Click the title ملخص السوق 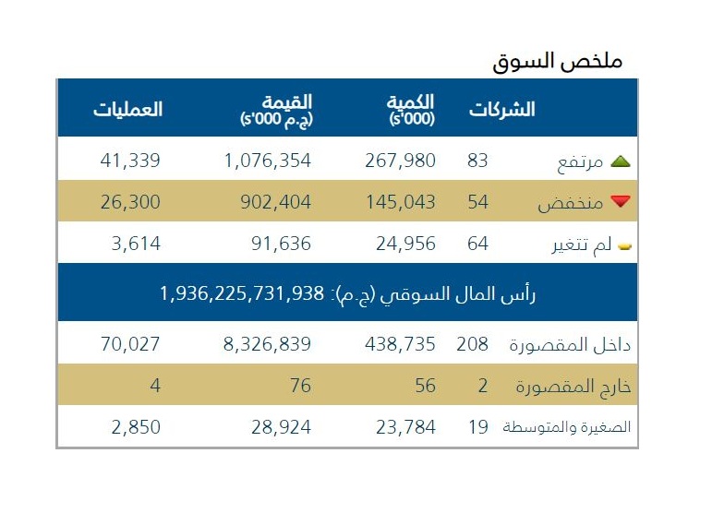558,61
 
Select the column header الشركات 501,109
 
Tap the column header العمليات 127,109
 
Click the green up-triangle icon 620,161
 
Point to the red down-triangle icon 620,202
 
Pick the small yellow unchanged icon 624,245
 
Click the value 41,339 130,161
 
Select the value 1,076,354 268,161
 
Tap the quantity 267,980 406,161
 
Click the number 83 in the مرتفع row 477,161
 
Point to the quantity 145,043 406,202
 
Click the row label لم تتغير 576,245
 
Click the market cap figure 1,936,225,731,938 242,293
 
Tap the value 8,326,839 268,344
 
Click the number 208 472,344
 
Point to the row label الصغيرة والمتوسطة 566,428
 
